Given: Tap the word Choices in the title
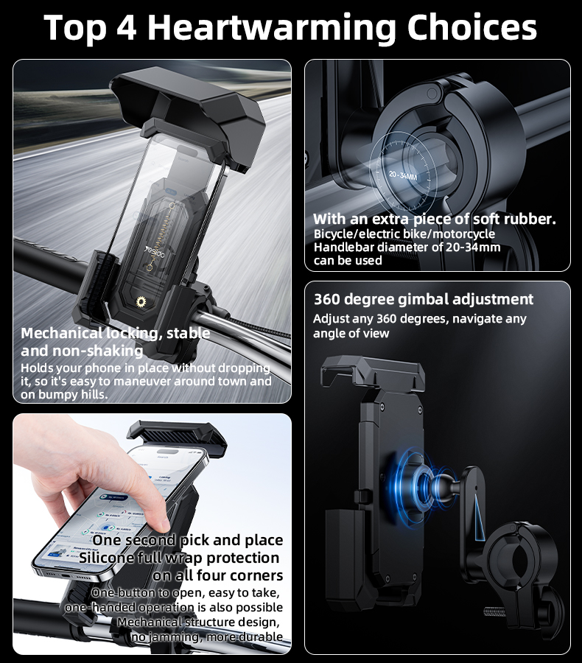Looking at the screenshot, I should coord(471,27).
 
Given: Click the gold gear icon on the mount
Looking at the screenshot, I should coord(142,303).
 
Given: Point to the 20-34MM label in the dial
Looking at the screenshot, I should coord(403,176).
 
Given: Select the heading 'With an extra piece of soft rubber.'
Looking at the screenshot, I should coord(435,219).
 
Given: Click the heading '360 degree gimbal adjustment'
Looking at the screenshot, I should coord(424,299).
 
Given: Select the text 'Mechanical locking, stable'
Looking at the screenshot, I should coord(116,333).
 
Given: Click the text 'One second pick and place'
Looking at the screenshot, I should coord(187,540).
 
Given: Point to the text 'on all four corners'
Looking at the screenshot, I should coord(218,575).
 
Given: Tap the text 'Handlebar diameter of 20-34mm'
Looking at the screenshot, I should coord(407,247).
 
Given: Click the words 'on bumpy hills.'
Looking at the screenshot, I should coord(65,394).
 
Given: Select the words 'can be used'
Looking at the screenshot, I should coord(348,260).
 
